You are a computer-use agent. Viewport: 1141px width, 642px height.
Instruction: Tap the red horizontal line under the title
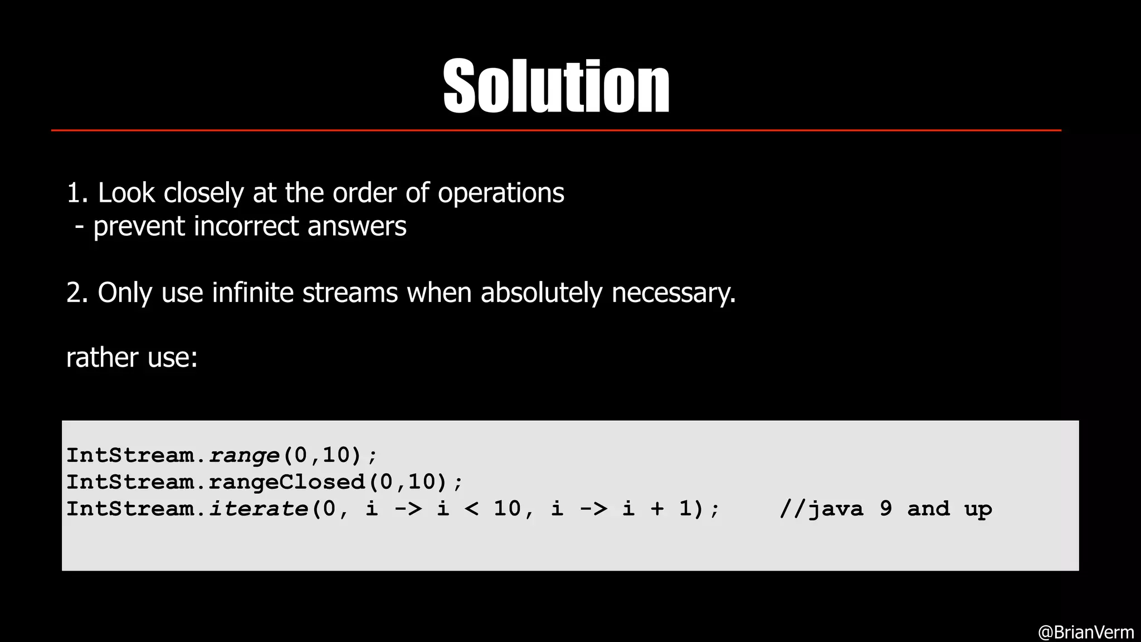[x=556, y=130]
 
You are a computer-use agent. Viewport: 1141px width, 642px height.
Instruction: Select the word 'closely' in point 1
[x=203, y=193]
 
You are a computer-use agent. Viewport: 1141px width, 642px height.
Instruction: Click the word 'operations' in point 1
[x=501, y=193]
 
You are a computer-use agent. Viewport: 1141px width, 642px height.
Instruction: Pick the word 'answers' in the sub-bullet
[x=357, y=226]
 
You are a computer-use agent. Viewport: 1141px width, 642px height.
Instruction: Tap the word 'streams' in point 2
[x=350, y=293]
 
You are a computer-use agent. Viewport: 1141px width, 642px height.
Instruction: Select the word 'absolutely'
[x=542, y=293]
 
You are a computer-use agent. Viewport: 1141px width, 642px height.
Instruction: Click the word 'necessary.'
[x=674, y=293]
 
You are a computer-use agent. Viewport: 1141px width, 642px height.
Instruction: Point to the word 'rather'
[x=102, y=357]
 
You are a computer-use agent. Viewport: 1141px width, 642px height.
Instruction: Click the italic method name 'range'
[x=243, y=456]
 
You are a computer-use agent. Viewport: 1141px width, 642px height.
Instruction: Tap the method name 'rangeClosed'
[x=286, y=482]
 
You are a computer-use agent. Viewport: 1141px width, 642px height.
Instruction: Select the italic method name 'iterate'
[x=258, y=508]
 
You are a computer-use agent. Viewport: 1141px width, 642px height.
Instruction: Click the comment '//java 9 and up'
[x=885, y=509]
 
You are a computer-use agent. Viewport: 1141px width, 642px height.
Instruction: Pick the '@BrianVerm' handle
[x=1086, y=632]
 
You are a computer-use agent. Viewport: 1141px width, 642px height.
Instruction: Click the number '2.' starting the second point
[x=77, y=293]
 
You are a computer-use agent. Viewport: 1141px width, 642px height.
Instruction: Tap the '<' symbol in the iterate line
[x=471, y=509]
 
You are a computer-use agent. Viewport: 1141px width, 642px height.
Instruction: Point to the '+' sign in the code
[x=657, y=509]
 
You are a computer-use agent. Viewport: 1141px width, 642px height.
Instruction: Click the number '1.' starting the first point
[x=77, y=193]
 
